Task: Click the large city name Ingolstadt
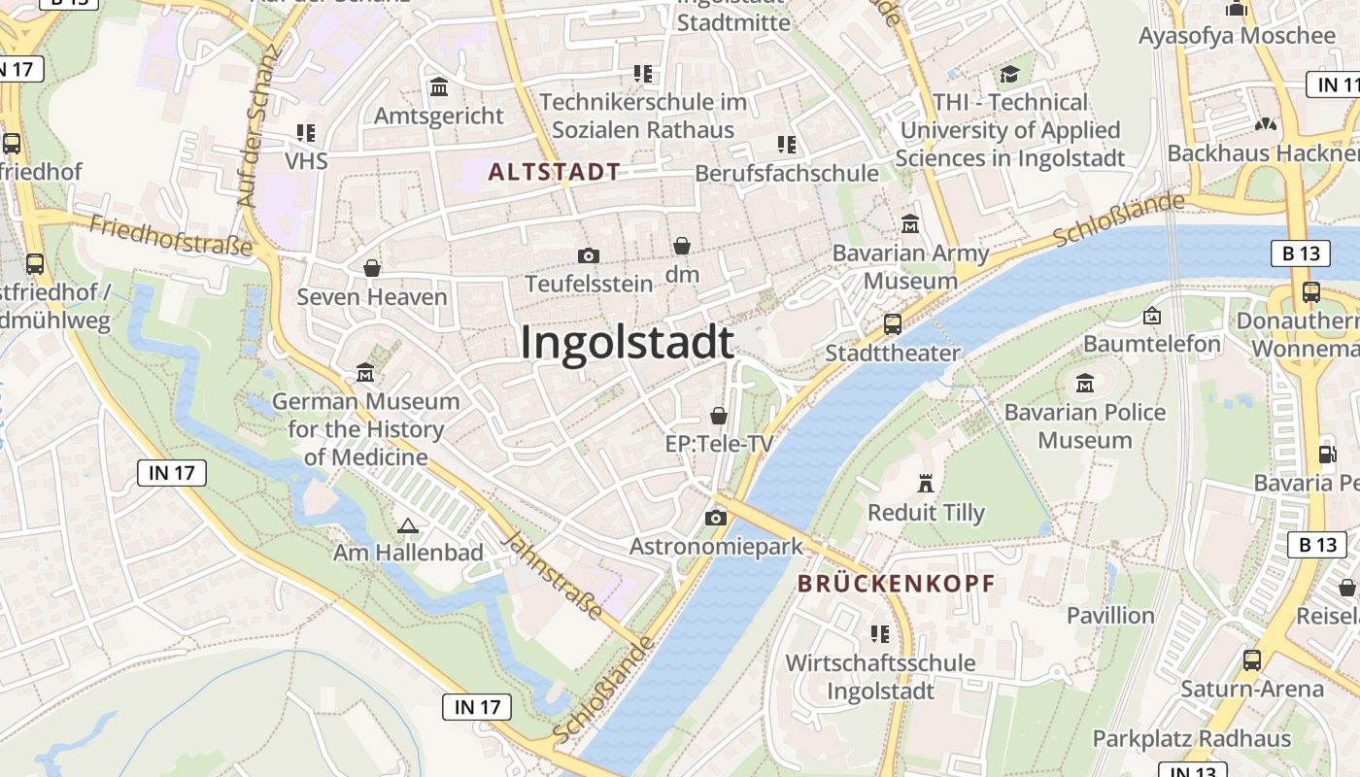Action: point(627,343)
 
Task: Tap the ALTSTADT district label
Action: point(555,172)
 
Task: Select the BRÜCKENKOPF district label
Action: point(896,584)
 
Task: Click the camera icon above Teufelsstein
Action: point(588,255)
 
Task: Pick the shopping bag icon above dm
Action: point(682,246)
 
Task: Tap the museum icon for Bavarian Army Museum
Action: point(910,223)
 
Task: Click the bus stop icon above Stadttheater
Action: point(892,323)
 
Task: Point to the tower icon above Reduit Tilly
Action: point(925,483)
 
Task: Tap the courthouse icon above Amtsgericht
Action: point(439,87)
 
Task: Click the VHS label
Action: point(306,159)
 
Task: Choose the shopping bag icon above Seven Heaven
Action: point(371,268)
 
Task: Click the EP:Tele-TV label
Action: point(719,444)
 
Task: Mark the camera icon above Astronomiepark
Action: point(716,518)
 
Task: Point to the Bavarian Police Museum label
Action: point(1085,425)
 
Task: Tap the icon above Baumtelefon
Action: point(1152,316)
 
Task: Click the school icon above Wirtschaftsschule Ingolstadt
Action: point(880,634)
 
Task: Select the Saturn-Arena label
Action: point(1252,689)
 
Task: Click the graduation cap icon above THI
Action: point(1010,75)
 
